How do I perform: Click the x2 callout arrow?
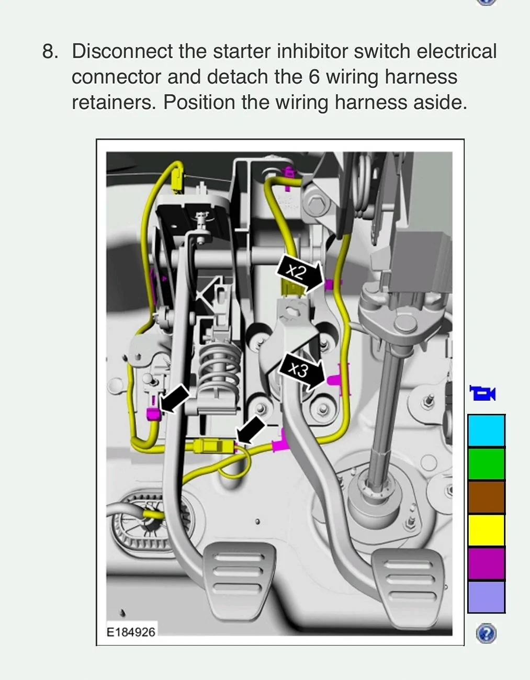tap(300, 273)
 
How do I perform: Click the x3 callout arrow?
tap(302, 371)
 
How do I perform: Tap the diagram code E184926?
tap(131, 632)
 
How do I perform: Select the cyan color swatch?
tap(486, 430)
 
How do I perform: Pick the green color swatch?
tap(486, 464)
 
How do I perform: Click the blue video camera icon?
tap(482, 393)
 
